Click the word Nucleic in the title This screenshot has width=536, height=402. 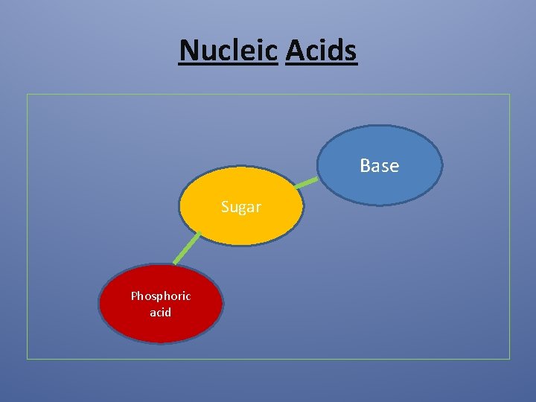tap(229, 51)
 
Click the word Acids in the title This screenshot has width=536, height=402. tap(321, 51)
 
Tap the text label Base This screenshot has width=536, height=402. tap(379, 165)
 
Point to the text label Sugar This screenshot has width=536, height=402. tap(240, 207)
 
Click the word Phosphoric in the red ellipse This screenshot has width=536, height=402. tap(161, 296)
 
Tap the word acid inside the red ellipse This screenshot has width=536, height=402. tap(160, 313)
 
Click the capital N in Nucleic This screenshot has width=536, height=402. tap(190, 51)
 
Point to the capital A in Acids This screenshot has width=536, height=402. tap(294, 51)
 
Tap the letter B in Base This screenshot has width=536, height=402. tap(365, 165)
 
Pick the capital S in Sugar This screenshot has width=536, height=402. tap(225, 207)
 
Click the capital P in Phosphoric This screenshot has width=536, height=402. tap(134, 296)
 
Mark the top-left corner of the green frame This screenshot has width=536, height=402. tap(28, 95)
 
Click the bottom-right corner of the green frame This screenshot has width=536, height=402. tap(510, 359)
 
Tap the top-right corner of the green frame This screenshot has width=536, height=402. tap(510, 95)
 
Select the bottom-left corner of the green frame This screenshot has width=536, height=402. tap(28, 359)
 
